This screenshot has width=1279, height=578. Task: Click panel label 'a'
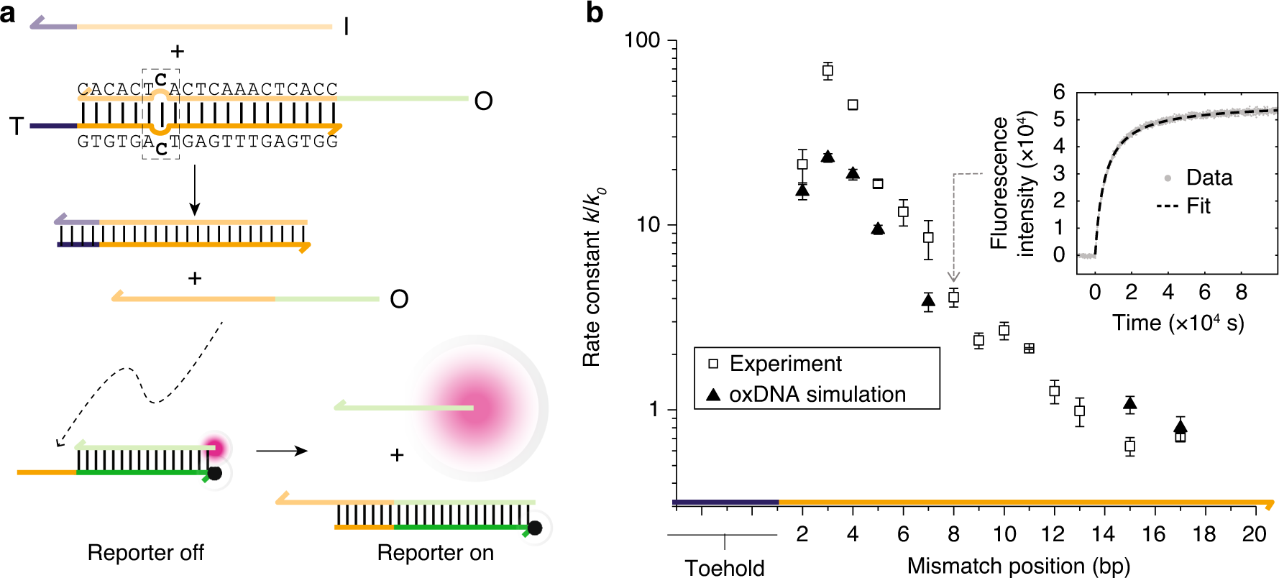(8, 12)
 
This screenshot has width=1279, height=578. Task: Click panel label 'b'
(594, 12)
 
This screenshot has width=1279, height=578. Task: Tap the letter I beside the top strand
(347, 27)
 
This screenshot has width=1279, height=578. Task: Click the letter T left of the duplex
(16, 127)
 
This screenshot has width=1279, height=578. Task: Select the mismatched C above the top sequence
(161, 78)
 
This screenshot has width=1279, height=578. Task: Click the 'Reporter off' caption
(145, 552)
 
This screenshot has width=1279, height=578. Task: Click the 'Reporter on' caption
(435, 552)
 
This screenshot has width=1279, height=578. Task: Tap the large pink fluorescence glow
(475, 408)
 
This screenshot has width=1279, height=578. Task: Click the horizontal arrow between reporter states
(281, 451)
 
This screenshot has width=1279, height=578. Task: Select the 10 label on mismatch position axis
(1004, 534)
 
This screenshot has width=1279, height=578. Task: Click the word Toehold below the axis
(724, 567)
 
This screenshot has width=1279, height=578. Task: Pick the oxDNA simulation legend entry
(817, 395)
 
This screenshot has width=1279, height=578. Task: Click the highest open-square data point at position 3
(828, 70)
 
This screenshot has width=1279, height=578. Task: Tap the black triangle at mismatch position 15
(1129, 404)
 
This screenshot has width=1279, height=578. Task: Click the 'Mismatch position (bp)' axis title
(1018, 566)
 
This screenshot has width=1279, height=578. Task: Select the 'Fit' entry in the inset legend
(1198, 206)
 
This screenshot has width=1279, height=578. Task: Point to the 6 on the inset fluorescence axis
(1058, 92)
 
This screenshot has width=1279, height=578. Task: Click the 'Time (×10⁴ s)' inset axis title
(1178, 323)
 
